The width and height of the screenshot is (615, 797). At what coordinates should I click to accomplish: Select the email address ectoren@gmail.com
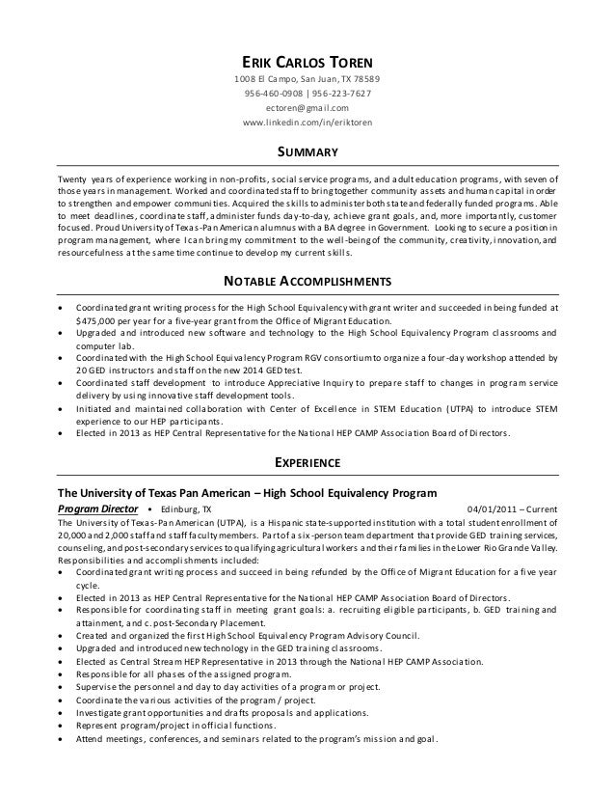click(307, 109)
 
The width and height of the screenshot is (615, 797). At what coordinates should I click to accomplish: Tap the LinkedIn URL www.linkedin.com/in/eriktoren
click(307, 124)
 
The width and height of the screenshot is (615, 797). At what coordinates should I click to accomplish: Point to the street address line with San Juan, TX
click(307, 78)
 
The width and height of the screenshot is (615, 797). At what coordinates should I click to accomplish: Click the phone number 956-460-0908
click(274, 94)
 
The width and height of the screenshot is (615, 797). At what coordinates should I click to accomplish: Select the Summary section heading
click(307, 152)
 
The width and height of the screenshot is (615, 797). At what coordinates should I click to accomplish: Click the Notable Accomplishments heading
click(307, 281)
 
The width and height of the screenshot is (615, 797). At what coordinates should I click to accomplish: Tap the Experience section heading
click(307, 460)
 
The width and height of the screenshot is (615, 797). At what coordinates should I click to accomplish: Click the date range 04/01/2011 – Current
click(511, 508)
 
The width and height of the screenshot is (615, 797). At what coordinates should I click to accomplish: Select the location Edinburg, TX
click(187, 508)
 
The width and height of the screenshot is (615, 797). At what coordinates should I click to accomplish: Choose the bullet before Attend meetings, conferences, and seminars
click(63, 741)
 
